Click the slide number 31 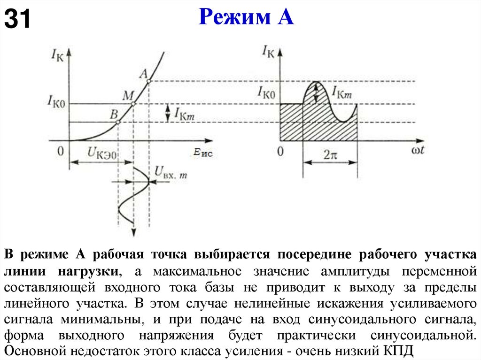(x=18, y=19)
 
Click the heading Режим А (x=246, y=17)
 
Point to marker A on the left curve (x=149, y=82)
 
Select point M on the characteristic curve (x=134, y=104)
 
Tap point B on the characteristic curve (x=118, y=122)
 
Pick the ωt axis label (x=416, y=151)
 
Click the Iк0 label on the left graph (x=56, y=99)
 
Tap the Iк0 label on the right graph (x=266, y=92)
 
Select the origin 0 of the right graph (x=280, y=152)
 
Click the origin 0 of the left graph (x=60, y=151)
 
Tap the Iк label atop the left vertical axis (x=57, y=54)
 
